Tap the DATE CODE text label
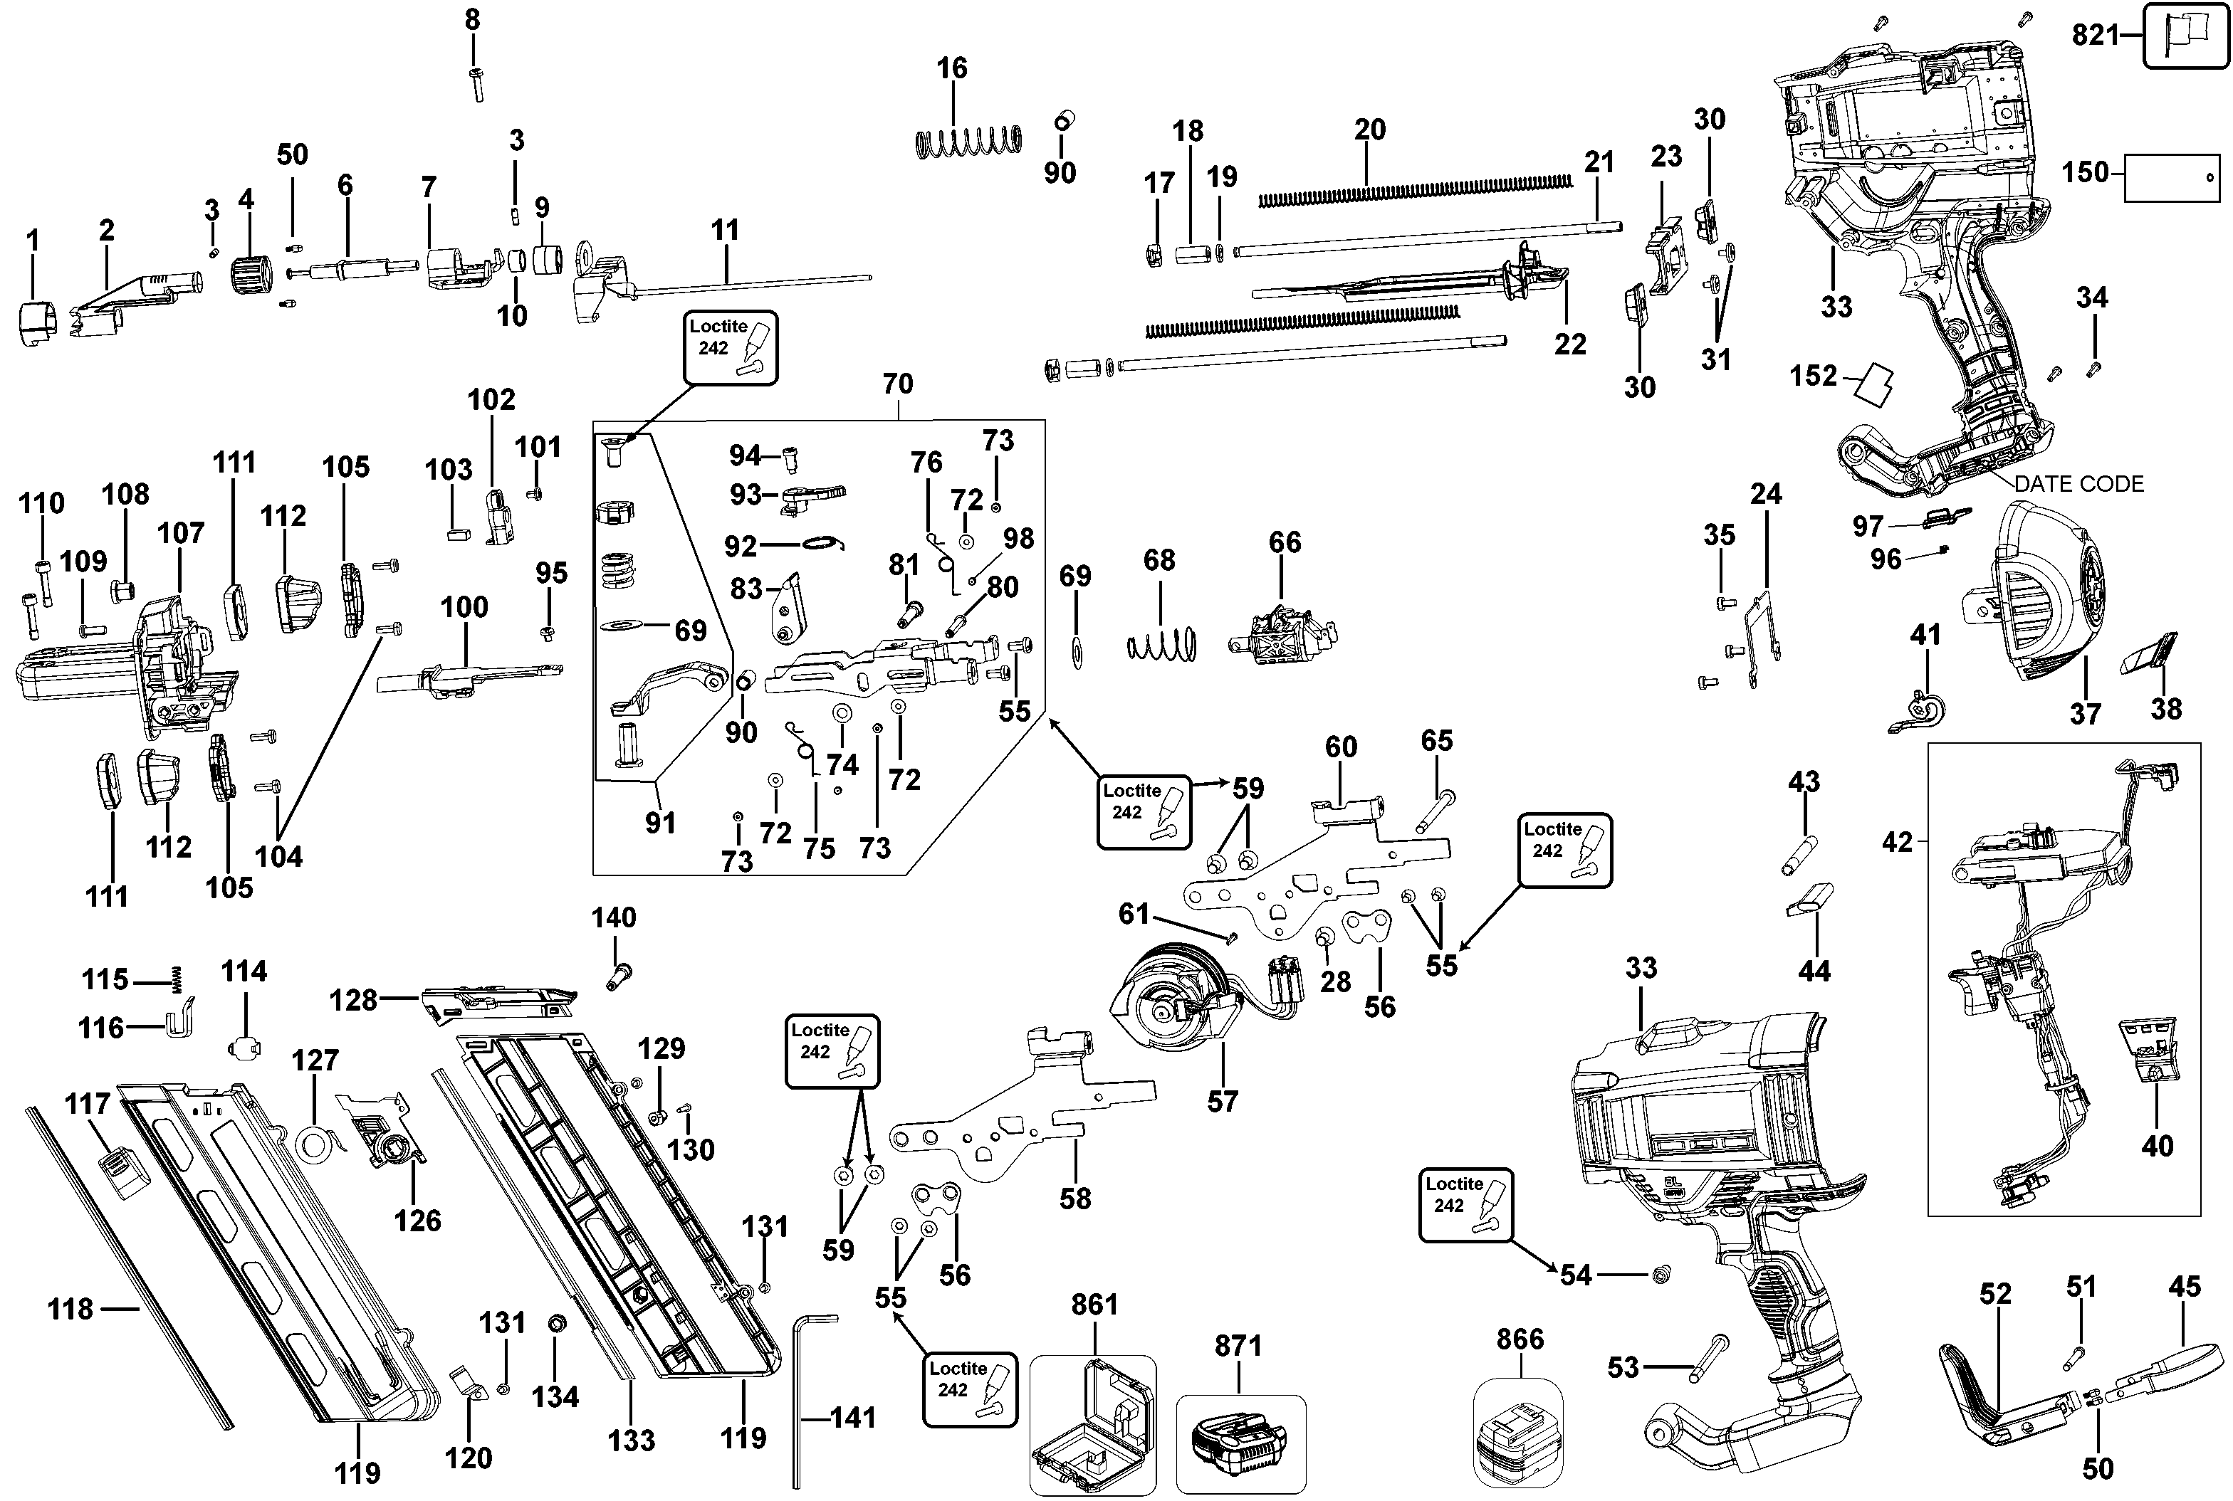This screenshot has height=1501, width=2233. [x=2078, y=485]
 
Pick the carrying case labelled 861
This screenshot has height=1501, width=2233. [x=1092, y=1423]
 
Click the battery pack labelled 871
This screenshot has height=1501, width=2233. [x=1239, y=1443]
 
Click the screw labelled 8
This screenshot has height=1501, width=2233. [x=476, y=84]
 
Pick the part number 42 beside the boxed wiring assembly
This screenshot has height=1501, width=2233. [x=1897, y=843]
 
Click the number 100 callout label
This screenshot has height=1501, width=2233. [x=464, y=607]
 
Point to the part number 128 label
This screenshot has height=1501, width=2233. [x=353, y=1001]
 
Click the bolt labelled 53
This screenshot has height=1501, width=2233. [x=1705, y=1359]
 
